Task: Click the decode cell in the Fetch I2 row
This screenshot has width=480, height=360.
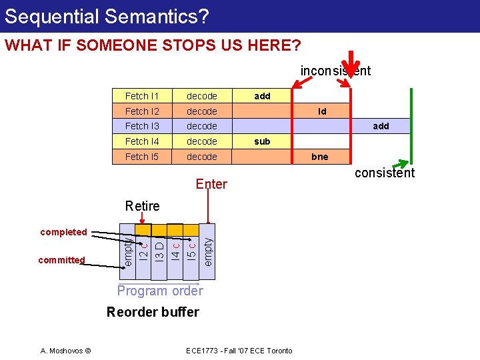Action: pos(201,111)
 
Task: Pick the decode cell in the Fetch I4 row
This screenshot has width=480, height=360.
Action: pos(201,141)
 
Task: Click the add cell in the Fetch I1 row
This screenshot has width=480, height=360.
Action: pos(262,96)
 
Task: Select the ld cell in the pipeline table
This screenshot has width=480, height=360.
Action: pos(322,111)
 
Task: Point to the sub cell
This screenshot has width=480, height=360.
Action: pos(262,141)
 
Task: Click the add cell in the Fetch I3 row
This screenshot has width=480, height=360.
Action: pos(381,126)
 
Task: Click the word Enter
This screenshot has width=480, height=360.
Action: pos(211,184)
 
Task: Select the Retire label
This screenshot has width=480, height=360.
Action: pos(143,206)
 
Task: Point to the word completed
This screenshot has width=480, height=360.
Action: pos(63,232)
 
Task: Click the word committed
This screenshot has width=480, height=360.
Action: pos(61,260)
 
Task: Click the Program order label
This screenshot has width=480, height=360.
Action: pos(160,291)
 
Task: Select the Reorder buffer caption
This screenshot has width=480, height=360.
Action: pos(153,312)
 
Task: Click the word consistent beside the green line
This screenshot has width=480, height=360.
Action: pos(384,173)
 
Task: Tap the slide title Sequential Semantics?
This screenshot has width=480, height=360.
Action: pos(107,16)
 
